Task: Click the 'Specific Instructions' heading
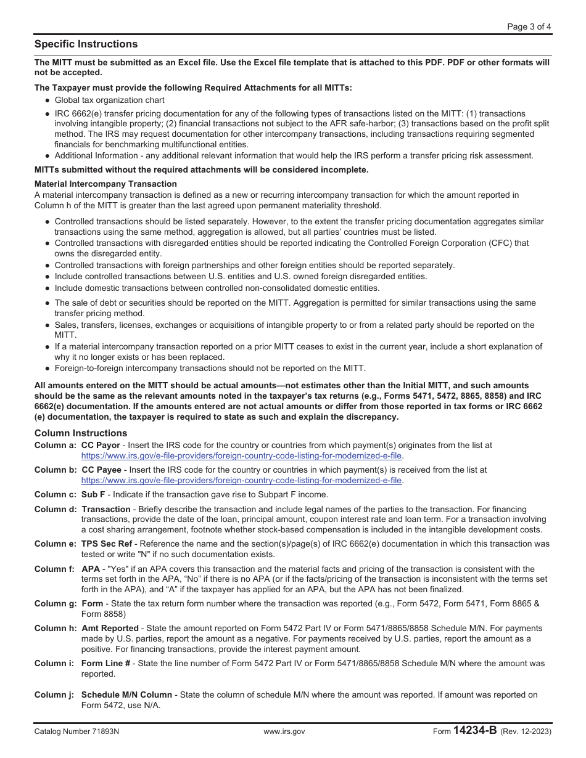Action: click(x=86, y=44)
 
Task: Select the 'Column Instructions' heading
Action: click(x=81, y=433)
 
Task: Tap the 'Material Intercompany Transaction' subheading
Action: click(x=105, y=184)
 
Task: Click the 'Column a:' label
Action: click(x=56, y=445)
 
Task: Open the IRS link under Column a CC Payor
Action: click(x=241, y=456)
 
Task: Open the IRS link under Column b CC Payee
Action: click(x=241, y=480)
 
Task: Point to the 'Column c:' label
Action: click(x=56, y=494)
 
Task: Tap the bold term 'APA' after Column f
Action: click(x=91, y=569)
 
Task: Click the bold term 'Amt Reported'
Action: click(x=110, y=629)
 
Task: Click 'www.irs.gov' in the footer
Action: click(x=284, y=732)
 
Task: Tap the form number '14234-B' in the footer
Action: click(x=474, y=731)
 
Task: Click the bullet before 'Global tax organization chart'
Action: click(x=47, y=100)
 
